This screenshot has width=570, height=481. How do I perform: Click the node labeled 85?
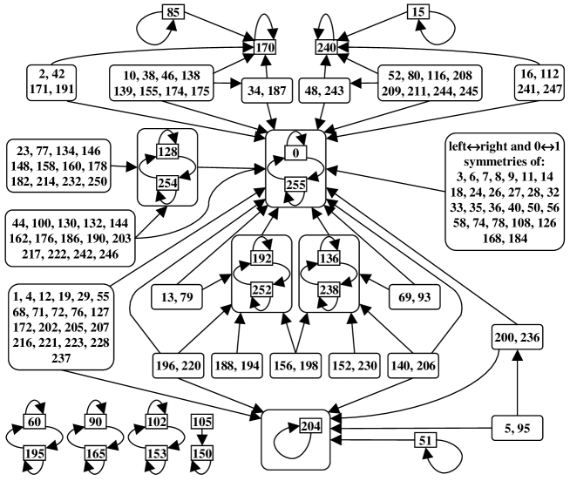coord(173,12)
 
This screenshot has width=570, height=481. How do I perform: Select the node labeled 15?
coord(418,12)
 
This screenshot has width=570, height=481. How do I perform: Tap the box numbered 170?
coord(265,47)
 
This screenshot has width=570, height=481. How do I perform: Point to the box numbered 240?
coord(327,47)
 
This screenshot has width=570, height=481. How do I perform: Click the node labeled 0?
coord(296,153)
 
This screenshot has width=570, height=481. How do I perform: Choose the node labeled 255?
coord(296,185)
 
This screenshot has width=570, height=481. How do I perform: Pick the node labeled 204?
coord(311,426)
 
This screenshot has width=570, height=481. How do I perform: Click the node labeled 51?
coord(425,441)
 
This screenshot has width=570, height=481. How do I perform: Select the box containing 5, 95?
coord(518,429)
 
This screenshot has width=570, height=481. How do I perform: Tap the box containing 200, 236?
coord(518,337)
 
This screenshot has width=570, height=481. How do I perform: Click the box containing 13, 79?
coord(177,297)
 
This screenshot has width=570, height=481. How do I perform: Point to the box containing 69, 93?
coord(414,297)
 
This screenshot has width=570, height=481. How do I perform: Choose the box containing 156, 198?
coord(296,365)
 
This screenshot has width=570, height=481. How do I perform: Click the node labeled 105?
coord(201,422)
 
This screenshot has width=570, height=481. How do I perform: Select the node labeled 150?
coord(201,453)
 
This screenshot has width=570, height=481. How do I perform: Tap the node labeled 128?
coord(167,152)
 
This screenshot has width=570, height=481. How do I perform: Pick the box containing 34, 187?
coord(268,91)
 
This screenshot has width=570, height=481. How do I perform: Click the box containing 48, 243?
coord(324,91)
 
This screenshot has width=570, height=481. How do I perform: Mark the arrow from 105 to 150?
coord(201,437)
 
